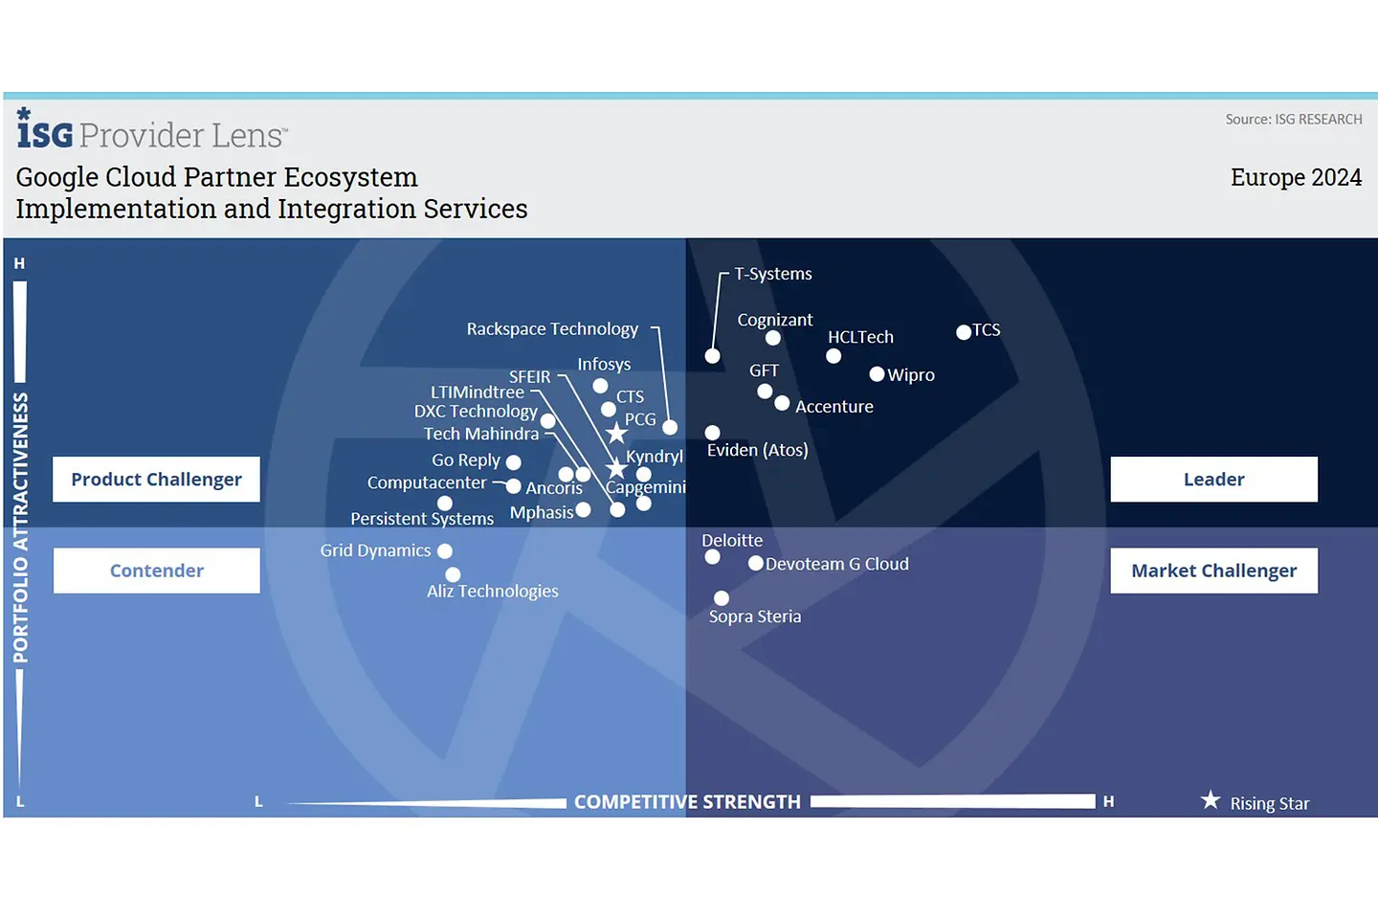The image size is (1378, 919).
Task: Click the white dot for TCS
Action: (964, 332)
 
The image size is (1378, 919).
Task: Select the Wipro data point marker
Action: (877, 374)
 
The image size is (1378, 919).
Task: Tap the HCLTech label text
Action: (860, 337)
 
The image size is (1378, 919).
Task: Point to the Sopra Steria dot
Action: (722, 598)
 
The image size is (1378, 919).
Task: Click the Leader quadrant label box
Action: (1213, 480)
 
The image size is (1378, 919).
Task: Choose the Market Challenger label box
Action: (1213, 571)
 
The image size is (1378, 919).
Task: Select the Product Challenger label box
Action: (156, 480)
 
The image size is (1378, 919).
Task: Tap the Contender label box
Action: (156, 571)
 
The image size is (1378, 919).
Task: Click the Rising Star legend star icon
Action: (1211, 800)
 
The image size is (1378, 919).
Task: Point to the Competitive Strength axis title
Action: (687, 802)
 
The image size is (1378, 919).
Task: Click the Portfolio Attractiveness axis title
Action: (20, 527)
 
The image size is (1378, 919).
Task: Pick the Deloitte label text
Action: (732, 541)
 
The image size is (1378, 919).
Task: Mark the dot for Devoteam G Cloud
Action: (756, 563)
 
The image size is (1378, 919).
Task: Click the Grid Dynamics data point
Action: (445, 550)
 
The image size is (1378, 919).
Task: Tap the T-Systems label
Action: (773, 274)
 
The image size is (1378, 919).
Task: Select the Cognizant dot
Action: (773, 338)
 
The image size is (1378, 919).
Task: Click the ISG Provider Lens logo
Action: (151, 131)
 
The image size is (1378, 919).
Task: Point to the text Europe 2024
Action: (1296, 178)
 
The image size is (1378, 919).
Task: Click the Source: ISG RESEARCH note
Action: (1294, 120)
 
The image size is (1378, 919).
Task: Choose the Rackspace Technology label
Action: (552, 329)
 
